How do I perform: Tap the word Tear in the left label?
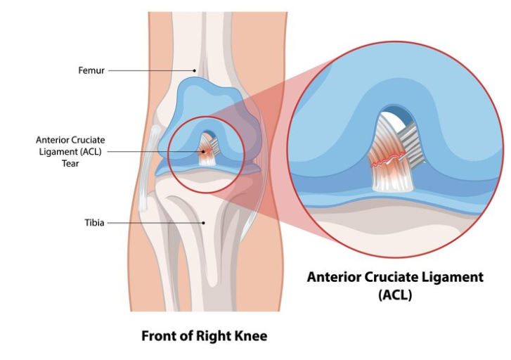[x=70, y=163]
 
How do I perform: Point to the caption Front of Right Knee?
[x=204, y=335]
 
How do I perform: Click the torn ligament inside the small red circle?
[x=208, y=150]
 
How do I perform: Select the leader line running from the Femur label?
[x=151, y=70]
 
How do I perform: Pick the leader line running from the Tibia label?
[x=155, y=223]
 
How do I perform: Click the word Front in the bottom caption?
[x=159, y=335]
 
